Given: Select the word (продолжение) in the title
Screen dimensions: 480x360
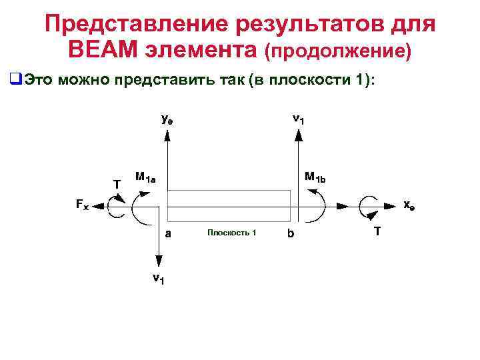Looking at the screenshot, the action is [x=338, y=51].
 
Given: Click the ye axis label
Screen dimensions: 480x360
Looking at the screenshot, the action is [x=169, y=120].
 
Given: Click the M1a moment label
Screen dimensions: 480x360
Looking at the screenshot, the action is [x=145, y=178].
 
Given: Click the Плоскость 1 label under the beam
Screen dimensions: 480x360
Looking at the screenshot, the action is [x=231, y=232].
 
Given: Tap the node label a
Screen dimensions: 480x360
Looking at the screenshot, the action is [x=168, y=233].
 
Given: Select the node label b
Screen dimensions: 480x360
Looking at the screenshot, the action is [x=290, y=234].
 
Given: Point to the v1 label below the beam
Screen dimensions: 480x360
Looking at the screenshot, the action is [x=159, y=278].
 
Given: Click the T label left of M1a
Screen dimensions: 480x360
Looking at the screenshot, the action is [x=117, y=183].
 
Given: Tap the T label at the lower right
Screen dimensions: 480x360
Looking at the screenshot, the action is [x=377, y=231].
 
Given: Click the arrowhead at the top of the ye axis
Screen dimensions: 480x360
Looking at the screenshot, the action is [x=167, y=135].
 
